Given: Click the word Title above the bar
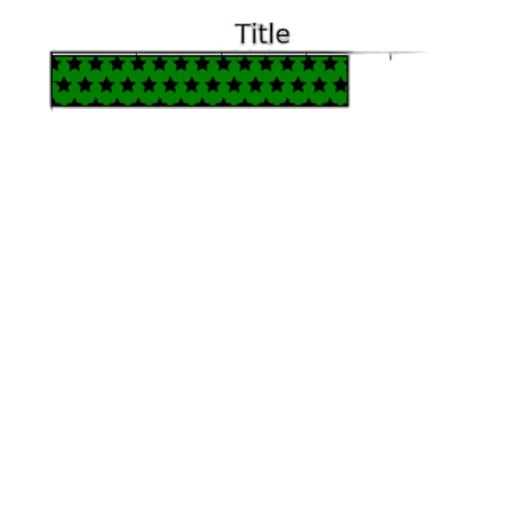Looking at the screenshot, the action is point(262,33).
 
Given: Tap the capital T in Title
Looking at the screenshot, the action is point(244,34).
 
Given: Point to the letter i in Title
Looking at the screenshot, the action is point(255,33).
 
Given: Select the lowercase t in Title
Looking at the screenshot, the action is point(262,35).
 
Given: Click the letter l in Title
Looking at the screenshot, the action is point(270,33).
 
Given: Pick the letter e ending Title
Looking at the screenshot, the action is point(282,36).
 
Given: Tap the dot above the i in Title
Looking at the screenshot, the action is point(255,25).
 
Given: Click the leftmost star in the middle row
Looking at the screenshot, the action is point(64,85).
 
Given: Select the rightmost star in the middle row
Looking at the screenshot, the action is point(341,85).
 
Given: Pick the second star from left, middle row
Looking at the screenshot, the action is point(85,85).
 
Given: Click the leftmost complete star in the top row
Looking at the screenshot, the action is point(75,63).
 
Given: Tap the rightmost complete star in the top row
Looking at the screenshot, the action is point(330,63).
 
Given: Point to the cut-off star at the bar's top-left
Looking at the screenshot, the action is point(55,64).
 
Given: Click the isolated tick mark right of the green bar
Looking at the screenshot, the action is point(390,57).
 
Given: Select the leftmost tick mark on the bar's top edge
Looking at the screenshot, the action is point(51,54).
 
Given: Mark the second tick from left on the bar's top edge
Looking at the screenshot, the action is point(137,54).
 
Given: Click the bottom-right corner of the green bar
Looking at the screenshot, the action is point(348,106).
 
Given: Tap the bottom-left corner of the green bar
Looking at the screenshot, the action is point(52,106).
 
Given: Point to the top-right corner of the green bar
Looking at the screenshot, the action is point(348,56).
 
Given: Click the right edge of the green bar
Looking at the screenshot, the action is point(348,81).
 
